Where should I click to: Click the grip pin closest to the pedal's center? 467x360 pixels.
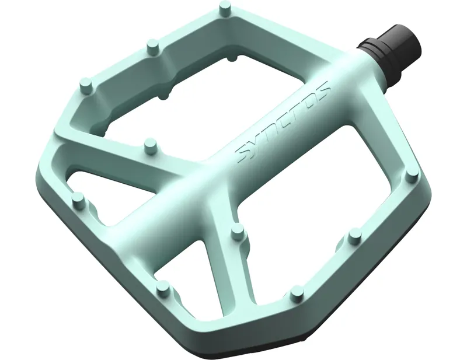point(237,232)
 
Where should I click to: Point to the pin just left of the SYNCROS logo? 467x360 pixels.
point(151,143)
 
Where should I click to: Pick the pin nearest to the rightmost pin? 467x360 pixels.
point(354,236)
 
